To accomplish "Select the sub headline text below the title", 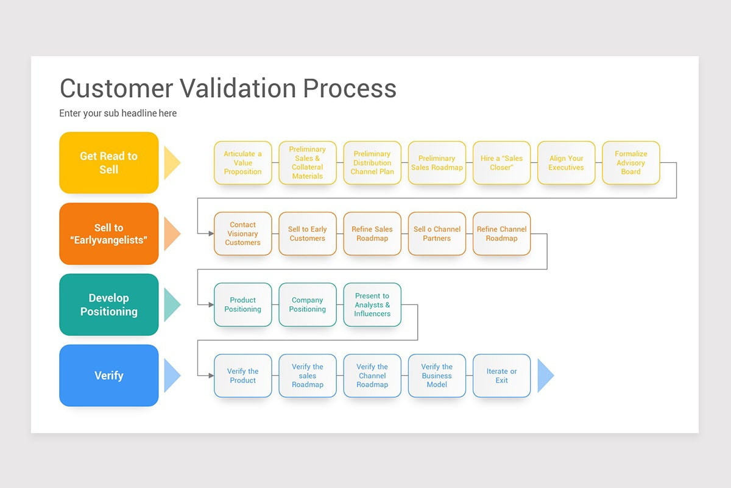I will (118, 113).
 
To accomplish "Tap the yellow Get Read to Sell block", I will (109, 163).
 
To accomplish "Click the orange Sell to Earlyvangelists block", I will (109, 234).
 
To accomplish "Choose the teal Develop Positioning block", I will (109, 304).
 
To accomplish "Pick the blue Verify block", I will (109, 375).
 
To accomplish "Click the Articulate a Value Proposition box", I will (242, 163).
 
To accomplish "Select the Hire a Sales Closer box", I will (501, 163).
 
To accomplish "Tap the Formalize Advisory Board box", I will (630, 163).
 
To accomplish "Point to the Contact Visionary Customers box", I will (242, 234).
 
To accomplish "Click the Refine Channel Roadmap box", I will (501, 234).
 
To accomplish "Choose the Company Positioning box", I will (307, 304).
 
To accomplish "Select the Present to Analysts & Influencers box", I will (372, 304).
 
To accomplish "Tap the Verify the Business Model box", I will (437, 375).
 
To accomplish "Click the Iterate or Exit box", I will (501, 375).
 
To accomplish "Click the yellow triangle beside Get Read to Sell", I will (171, 163).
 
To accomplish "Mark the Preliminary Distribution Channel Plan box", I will (372, 163).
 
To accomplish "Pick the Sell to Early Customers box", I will (307, 234).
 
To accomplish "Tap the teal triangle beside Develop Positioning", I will (171, 304).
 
